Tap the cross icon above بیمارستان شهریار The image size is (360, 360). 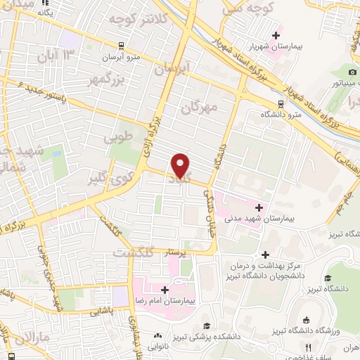click(x=276, y=35)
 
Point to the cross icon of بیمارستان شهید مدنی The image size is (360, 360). click(x=259, y=207)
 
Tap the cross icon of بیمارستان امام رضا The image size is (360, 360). click(x=165, y=290)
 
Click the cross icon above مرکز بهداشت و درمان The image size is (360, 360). click(x=265, y=255)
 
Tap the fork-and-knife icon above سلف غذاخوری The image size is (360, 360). click(x=308, y=347)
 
